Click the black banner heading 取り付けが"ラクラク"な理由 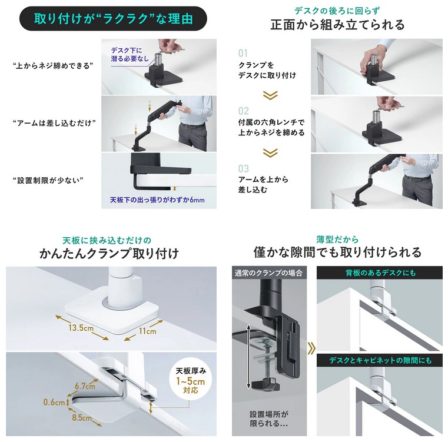pyautogui.click(x=113, y=19)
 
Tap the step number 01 pyautogui.click(x=243, y=53)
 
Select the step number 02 pyautogui.click(x=244, y=111)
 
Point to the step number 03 pyautogui.click(x=244, y=168)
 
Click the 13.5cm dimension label pyautogui.click(x=81, y=327)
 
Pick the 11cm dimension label pyautogui.click(x=147, y=331)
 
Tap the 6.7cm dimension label pyautogui.click(x=85, y=386)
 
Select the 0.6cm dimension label pyautogui.click(x=54, y=403)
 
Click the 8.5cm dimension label pyautogui.click(x=82, y=418)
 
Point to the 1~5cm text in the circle pyautogui.click(x=190, y=381)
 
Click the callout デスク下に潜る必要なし pyautogui.click(x=130, y=55)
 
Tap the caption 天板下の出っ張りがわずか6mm pyautogui.click(x=157, y=200)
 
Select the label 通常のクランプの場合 pyautogui.click(x=268, y=273)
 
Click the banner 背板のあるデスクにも pyautogui.click(x=380, y=273)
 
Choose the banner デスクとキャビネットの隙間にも pyautogui.click(x=380, y=360)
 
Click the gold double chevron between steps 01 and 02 pyautogui.click(x=270, y=95)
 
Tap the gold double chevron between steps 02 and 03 pyautogui.click(x=270, y=153)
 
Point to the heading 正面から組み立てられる pyautogui.click(x=337, y=25)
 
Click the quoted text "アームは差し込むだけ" pyautogui.click(x=54, y=123)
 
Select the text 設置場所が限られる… pyautogui.click(x=269, y=418)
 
